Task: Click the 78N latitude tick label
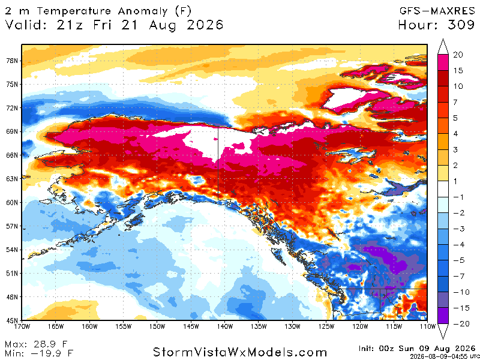pos(12,61)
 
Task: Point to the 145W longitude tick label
pos(191,326)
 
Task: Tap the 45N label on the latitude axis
pos(12,320)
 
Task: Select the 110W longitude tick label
pos(428,326)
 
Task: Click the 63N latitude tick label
pos(12,178)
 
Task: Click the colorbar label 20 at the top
pos(458,55)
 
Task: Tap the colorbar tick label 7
pos(455,102)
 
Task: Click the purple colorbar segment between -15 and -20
pos(443,316)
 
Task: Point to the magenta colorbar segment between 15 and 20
pos(443,63)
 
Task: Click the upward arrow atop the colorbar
pos(443,47)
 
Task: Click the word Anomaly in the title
pos(143,11)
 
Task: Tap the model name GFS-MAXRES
pos(437,11)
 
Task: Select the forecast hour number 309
pos(461,25)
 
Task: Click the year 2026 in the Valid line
pos(205,25)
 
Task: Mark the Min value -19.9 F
pos(50,353)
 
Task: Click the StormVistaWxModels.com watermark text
pos(239,352)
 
